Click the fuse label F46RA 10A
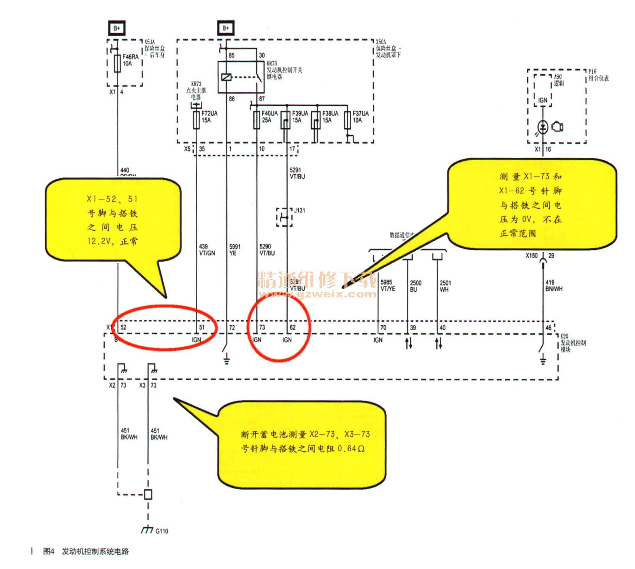click(x=130, y=60)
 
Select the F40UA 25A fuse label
click(x=269, y=117)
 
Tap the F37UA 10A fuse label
click(x=360, y=117)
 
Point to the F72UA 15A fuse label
click(x=209, y=117)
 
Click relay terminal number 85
click(x=232, y=55)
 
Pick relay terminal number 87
click(x=262, y=99)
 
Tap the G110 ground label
click(x=161, y=531)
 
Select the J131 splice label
click(x=299, y=210)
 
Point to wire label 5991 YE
click(x=234, y=250)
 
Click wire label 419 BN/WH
click(x=554, y=286)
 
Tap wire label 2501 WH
click(x=445, y=286)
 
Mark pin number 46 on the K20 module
click(x=548, y=328)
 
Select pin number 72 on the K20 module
click(x=232, y=327)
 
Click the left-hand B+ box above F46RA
click(x=117, y=28)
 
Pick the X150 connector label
click(x=531, y=256)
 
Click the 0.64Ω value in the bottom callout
click(x=351, y=449)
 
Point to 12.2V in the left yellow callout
click(x=99, y=242)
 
